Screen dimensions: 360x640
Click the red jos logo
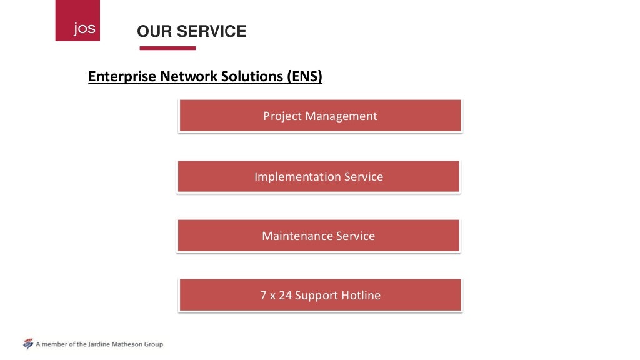(77, 21)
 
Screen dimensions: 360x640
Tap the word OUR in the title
(154, 31)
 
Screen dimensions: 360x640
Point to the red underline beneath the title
(167, 48)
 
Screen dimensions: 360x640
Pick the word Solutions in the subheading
(253, 77)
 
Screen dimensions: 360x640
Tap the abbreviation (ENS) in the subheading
(305, 77)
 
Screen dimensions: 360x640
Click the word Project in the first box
(282, 116)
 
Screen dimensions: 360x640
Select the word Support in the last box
(316, 296)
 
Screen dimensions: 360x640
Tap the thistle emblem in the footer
(27, 344)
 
